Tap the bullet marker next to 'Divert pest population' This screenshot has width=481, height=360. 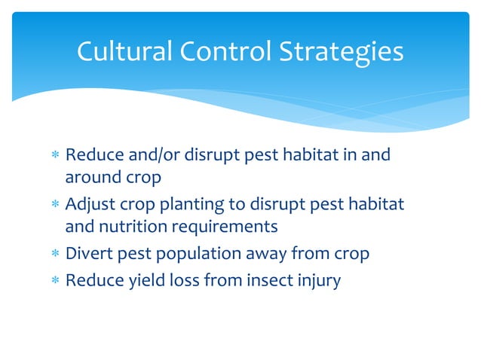click(54, 255)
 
